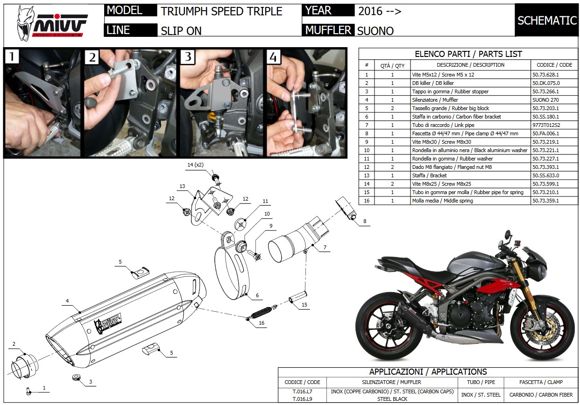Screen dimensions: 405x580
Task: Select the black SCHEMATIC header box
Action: (x=547, y=20)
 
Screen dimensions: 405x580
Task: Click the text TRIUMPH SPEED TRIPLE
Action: (x=221, y=11)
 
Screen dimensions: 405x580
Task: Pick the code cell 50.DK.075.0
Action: (x=545, y=83)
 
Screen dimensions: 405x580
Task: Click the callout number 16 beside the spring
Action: (x=261, y=323)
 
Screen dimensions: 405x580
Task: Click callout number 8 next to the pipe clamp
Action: (x=364, y=221)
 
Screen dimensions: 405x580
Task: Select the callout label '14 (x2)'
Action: (x=195, y=165)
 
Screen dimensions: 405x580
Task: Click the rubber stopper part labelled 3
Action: (x=75, y=377)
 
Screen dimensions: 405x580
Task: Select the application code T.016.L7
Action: (x=302, y=391)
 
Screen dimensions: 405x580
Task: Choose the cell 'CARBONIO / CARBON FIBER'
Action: (x=541, y=395)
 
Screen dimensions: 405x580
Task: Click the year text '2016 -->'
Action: (x=380, y=12)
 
